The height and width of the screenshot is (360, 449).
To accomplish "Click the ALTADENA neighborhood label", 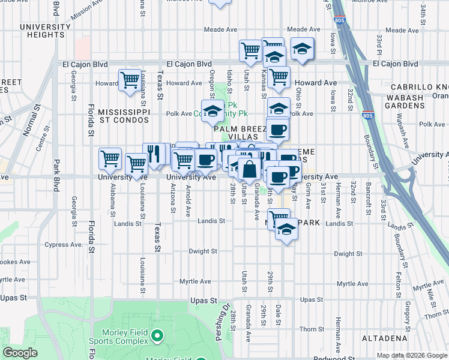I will tap(385, 338).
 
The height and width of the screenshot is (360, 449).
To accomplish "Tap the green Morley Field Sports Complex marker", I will tap(157, 335).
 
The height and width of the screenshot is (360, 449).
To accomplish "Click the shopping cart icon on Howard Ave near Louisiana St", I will tap(130, 80).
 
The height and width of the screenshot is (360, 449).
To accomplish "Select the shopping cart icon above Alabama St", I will tap(110, 159).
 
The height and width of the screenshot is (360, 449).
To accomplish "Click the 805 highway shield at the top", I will tap(340, 20).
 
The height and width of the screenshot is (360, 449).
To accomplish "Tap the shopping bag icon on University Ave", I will tap(249, 169).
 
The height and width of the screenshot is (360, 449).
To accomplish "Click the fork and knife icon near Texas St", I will tap(154, 154).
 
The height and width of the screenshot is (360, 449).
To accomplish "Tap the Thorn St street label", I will tap(312, 329).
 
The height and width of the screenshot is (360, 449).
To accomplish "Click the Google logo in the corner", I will tap(20, 353).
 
